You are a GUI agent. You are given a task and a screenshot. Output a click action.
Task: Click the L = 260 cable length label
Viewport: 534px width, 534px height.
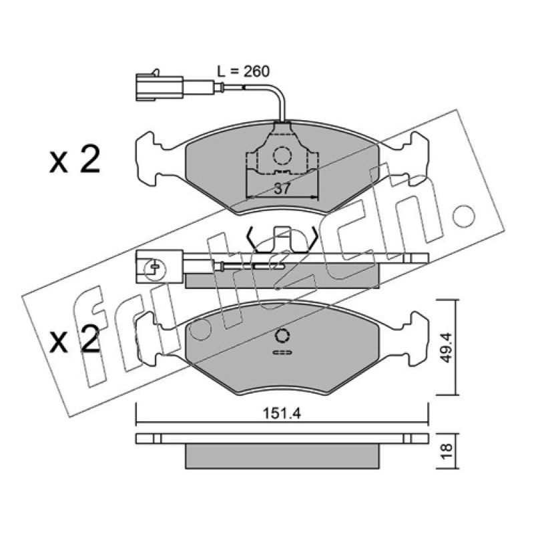244,71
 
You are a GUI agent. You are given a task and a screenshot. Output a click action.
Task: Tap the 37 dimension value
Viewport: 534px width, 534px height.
282,188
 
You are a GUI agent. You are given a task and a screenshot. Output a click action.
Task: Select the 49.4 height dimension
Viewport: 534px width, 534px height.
447,348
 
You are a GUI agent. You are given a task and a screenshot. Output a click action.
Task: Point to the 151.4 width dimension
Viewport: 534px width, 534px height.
282,413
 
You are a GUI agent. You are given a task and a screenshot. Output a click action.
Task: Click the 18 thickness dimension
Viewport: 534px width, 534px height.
447,451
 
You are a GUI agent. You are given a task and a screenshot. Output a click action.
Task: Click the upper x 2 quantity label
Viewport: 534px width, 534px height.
75,159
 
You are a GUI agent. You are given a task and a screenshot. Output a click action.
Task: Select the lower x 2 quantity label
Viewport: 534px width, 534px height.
75,338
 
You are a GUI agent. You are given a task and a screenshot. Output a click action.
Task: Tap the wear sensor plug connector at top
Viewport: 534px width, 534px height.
159,87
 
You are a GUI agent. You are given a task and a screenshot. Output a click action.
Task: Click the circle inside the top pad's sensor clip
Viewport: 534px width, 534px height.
282,156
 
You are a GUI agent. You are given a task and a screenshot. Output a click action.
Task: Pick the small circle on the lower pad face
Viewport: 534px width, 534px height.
282,336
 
